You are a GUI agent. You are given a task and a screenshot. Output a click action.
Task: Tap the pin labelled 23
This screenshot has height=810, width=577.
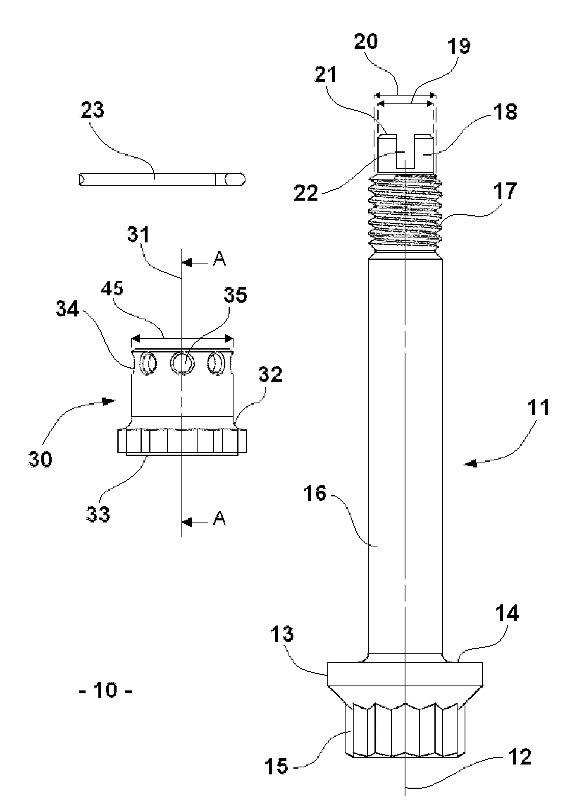click(162, 180)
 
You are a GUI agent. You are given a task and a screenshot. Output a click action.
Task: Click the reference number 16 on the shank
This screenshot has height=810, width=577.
click(315, 494)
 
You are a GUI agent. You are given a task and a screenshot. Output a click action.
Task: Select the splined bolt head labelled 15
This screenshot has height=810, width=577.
click(405, 729)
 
